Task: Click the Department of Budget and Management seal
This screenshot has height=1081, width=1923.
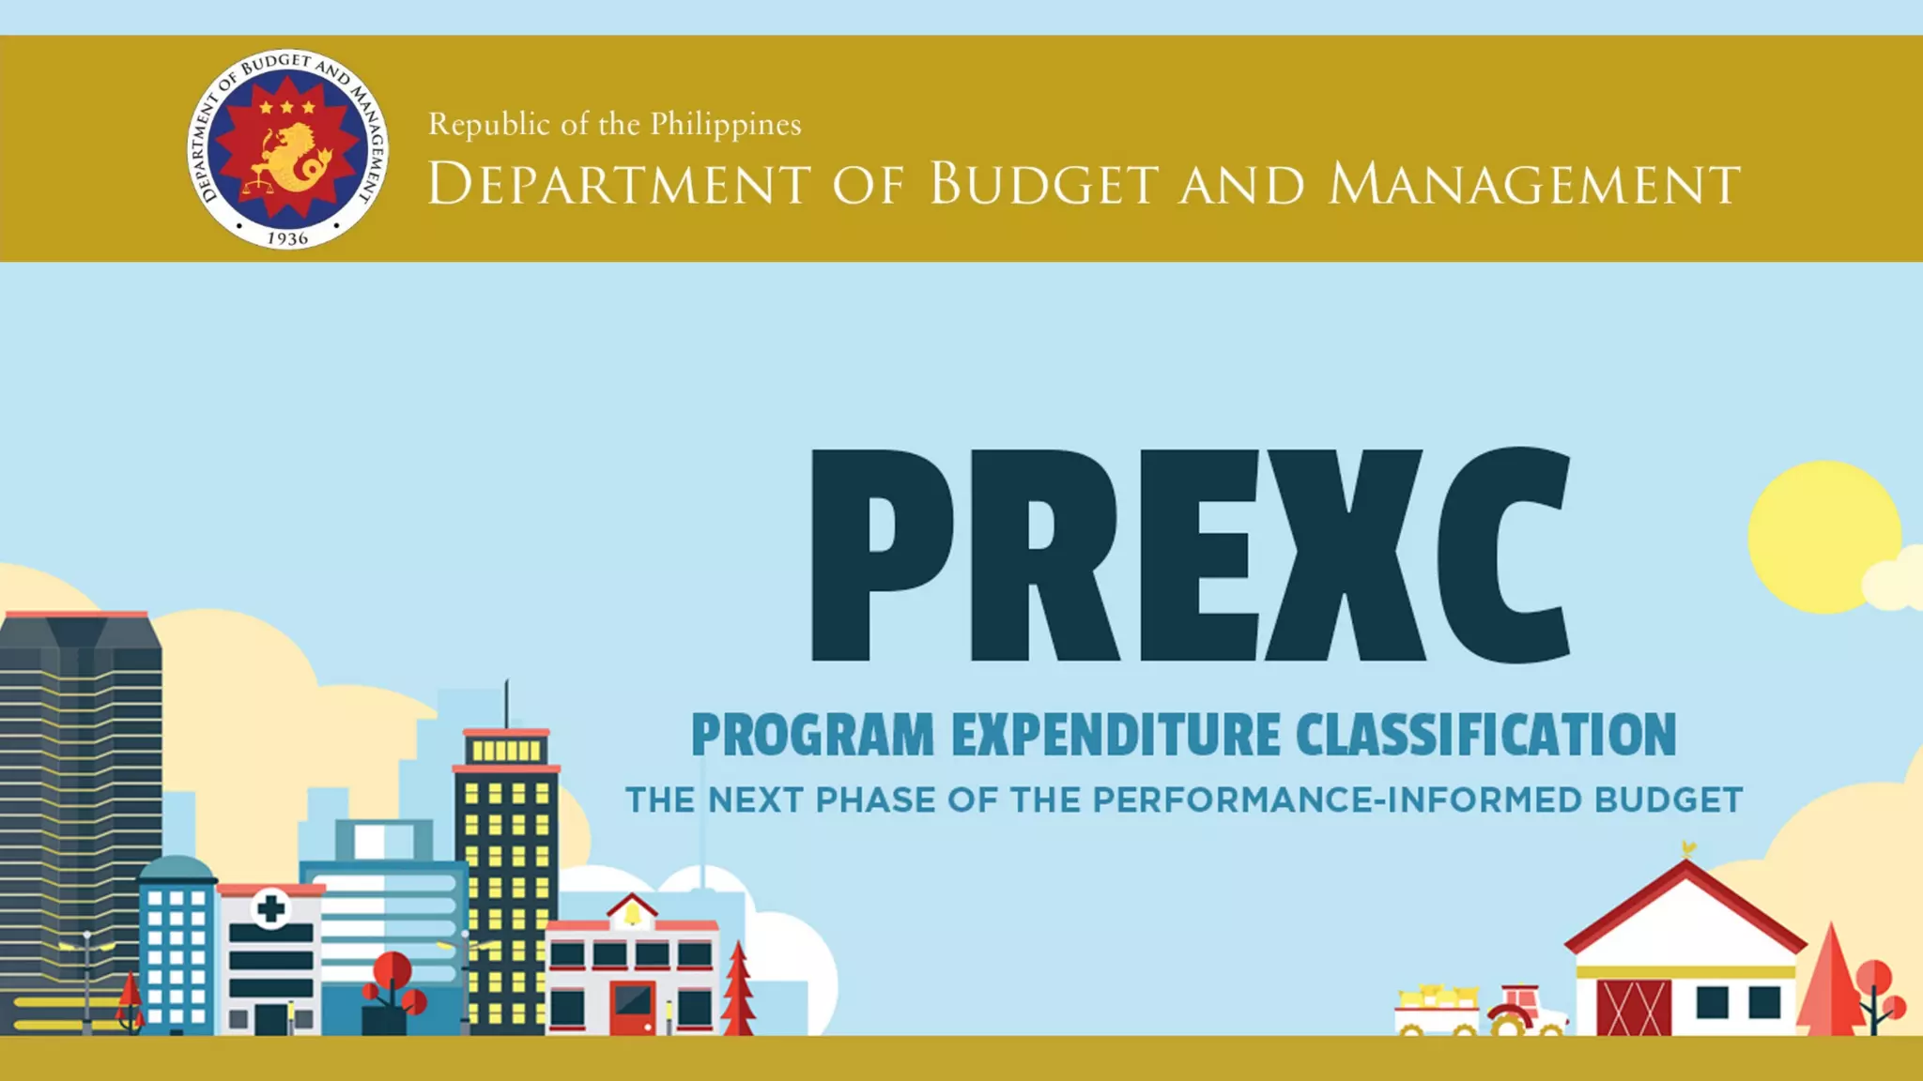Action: point(287,149)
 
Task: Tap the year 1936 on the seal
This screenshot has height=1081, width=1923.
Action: point(287,238)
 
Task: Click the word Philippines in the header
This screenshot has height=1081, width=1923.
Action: point(726,125)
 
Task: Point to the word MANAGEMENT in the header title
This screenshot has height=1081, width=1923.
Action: point(1534,184)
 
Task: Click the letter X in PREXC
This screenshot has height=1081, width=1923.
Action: point(1345,556)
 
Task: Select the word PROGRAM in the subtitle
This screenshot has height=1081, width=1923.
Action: point(812,735)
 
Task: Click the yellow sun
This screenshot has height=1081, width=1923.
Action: point(1822,536)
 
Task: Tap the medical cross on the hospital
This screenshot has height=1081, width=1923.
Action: point(271,908)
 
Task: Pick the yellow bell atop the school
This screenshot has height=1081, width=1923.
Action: point(632,912)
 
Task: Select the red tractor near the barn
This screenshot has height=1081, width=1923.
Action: point(1526,1012)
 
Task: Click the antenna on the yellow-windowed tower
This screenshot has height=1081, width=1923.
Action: point(506,704)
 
